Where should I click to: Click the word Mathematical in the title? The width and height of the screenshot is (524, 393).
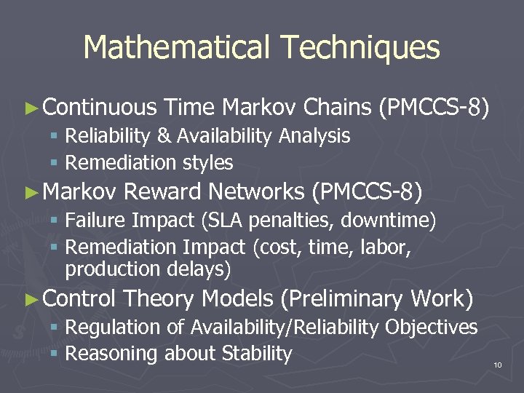pyautogui.click(x=178, y=48)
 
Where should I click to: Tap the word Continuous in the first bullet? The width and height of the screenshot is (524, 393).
pyautogui.click(x=100, y=108)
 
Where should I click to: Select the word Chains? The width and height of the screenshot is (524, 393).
pyautogui.click(x=338, y=108)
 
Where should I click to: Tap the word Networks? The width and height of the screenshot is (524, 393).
pyautogui.click(x=255, y=192)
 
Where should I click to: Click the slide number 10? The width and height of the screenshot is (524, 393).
pyautogui.click(x=498, y=365)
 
